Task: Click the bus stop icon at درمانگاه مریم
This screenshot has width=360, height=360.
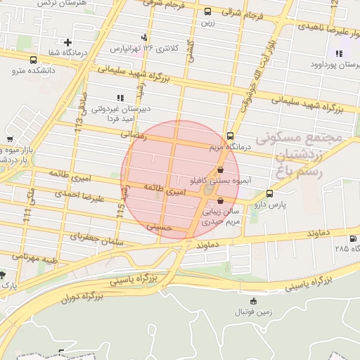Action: (x=231, y=136)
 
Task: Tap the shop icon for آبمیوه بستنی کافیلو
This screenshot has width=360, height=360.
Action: (x=221, y=169)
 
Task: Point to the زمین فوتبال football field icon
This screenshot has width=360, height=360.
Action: (x=244, y=300)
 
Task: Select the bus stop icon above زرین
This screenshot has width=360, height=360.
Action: (x=207, y=11)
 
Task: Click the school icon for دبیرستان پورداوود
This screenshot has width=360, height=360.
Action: (x=340, y=53)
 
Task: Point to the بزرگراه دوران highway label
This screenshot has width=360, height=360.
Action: (x=82, y=297)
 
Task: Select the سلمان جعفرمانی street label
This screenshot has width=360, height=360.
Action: (x=98, y=240)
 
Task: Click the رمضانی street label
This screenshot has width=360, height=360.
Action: (x=134, y=133)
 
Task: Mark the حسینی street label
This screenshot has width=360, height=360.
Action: (x=159, y=227)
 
